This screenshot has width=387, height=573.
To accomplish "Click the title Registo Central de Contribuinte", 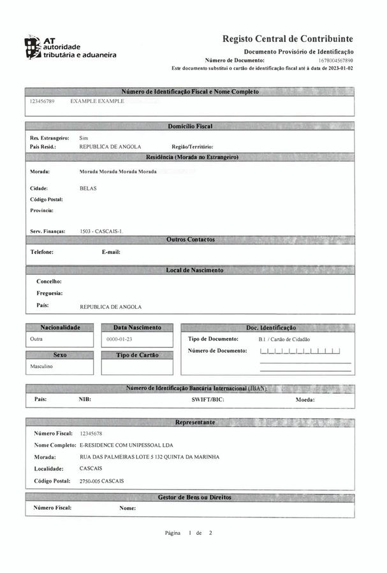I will (288, 39).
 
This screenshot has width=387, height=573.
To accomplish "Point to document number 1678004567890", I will (336, 60).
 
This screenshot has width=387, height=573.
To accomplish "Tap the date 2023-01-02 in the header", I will (340, 68).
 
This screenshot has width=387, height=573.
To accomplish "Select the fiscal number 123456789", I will (42, 101).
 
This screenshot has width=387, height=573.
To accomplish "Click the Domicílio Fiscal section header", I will (189, 127).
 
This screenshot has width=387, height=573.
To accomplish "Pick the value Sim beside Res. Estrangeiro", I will (84, 138).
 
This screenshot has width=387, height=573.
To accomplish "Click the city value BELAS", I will (87, 188).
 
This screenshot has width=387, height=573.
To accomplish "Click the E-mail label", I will (111, 252).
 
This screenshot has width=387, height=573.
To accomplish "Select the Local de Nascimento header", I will (194, 271).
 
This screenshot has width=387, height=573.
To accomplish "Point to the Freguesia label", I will (49, 294).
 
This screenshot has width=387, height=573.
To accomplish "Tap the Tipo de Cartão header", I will (138, 355).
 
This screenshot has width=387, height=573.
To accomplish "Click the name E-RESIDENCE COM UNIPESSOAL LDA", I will (127, 444).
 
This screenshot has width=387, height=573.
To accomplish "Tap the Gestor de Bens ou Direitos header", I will (194, 497).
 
